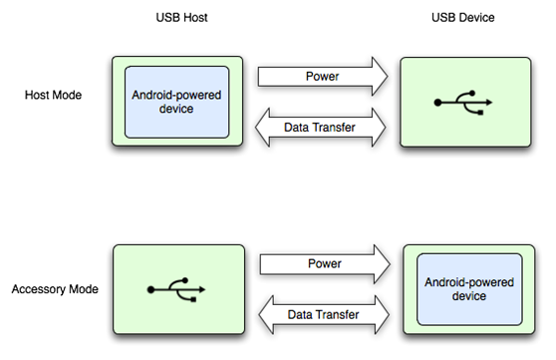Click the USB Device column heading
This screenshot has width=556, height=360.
tap(462, 19)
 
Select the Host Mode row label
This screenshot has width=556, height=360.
tap(53, 96)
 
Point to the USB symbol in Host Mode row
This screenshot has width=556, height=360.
tap(462, 102)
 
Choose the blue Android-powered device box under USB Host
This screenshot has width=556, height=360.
tap(176, 102)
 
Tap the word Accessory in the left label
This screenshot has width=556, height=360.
tap(38, 289)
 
